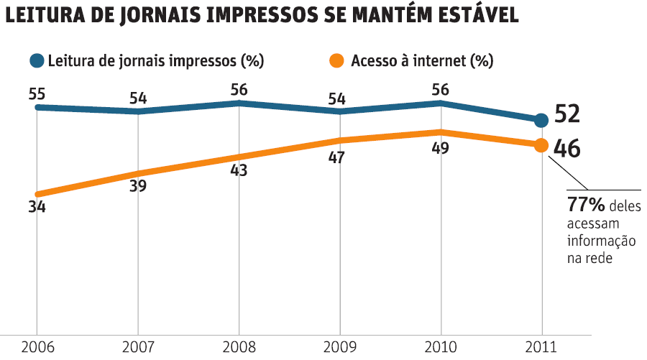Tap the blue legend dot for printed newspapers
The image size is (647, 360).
[36, 61]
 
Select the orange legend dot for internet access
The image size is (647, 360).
[336, 61]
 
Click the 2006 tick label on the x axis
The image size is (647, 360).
[36, 347]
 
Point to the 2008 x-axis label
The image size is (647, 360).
[239, 347]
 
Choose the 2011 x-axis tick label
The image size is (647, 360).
[541, 347]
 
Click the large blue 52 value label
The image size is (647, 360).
[567, 115]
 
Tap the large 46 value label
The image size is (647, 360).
[567, 149]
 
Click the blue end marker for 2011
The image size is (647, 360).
[542, 120]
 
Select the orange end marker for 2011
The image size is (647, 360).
[542, 145]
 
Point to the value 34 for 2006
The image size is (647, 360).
[37, 208]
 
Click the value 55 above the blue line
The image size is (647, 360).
[37, 93]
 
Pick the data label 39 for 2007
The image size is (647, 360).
[138, 186]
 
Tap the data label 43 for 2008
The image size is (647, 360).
[239, 171]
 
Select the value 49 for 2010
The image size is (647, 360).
[440, 149]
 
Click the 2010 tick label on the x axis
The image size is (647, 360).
[440, 347]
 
